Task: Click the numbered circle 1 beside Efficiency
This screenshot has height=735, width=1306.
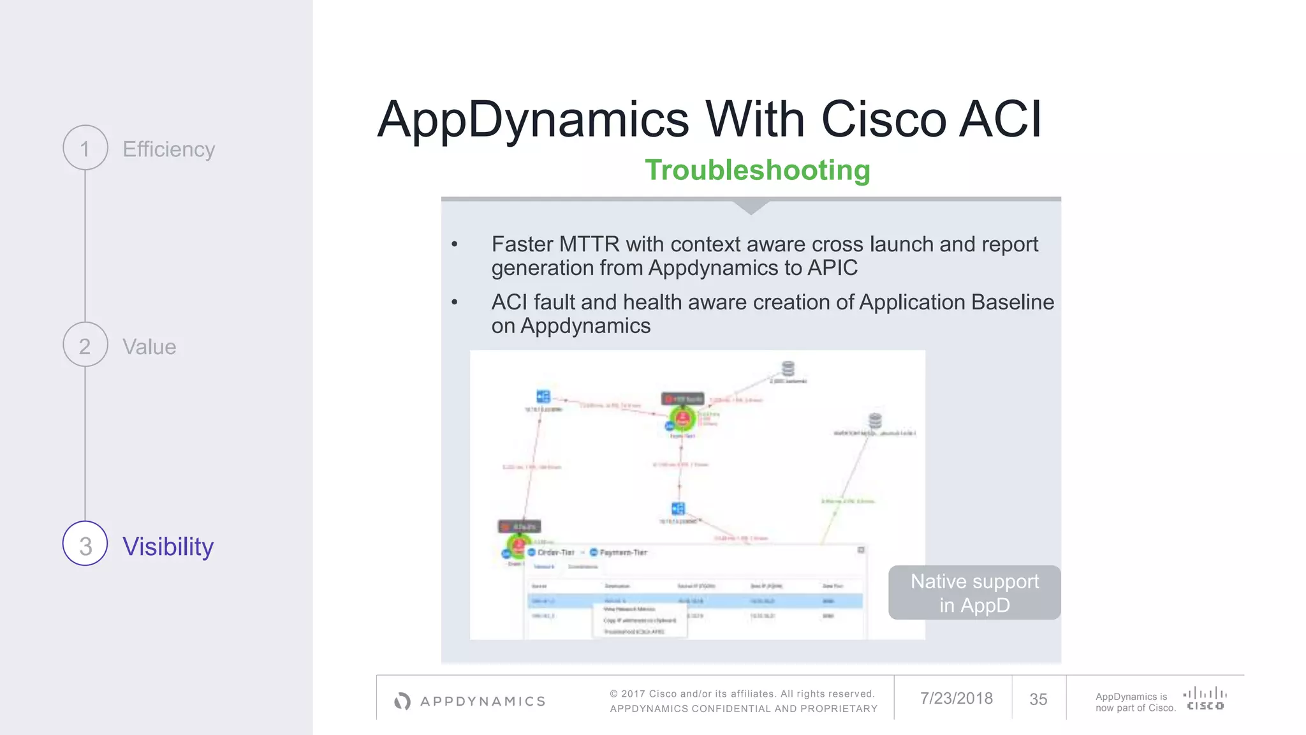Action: click(85, 148)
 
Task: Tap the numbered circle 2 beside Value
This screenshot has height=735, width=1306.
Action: click(85, 345)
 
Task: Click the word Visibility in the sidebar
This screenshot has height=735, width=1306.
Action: click(168, 547)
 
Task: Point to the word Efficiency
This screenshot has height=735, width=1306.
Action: click(168, 149)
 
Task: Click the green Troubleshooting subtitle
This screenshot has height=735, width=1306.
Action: click(757, 170)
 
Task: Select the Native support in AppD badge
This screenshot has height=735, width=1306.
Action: click(974, 593)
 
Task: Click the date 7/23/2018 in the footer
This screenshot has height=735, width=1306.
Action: click(956, 699)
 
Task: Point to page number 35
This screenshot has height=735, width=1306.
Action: click(1038, 700)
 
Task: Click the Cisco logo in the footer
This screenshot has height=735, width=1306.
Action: click(1205, 698)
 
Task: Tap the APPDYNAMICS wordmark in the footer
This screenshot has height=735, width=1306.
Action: click(483, 702)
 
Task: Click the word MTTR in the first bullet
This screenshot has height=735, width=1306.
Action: click(589, 244)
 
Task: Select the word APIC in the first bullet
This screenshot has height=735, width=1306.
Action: click(832, 268)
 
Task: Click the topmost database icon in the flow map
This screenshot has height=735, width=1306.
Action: click(788, 369)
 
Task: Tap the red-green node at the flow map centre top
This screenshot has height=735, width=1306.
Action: click(682, 419)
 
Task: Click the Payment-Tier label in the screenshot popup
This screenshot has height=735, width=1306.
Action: click(623, 553)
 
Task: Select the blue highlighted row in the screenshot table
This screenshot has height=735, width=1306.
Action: click(694, 601)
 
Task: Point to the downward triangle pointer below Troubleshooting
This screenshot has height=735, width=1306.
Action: click(751, 207)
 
